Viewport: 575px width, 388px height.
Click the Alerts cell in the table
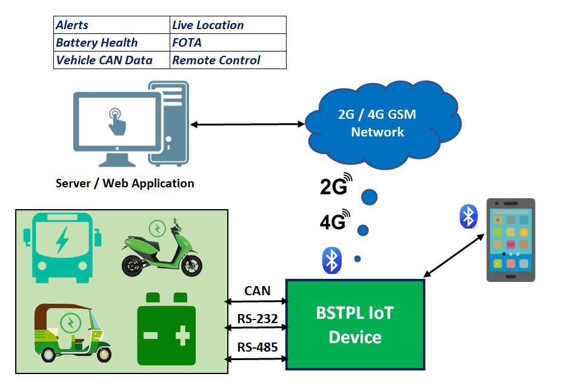pos(112,25)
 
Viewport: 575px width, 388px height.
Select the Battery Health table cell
pos(112,42)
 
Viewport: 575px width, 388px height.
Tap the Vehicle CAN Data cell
pos(112,60)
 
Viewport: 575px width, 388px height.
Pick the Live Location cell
pos(228,25)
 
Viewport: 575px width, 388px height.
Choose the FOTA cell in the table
pos(228,42)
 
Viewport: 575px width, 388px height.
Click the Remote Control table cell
pos(228,60)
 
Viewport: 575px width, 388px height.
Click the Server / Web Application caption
pos(125,183)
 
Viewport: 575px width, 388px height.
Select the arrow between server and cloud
pos(248,124)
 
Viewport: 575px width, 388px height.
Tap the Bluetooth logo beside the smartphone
pos(468,216)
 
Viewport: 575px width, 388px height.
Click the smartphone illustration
pos(510,240)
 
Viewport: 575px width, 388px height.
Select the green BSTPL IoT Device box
pos(355,324)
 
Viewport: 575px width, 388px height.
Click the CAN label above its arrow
pos(257,291)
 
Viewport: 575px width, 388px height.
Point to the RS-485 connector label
pos(257,347)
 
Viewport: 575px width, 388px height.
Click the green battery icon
pos(166,329)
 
